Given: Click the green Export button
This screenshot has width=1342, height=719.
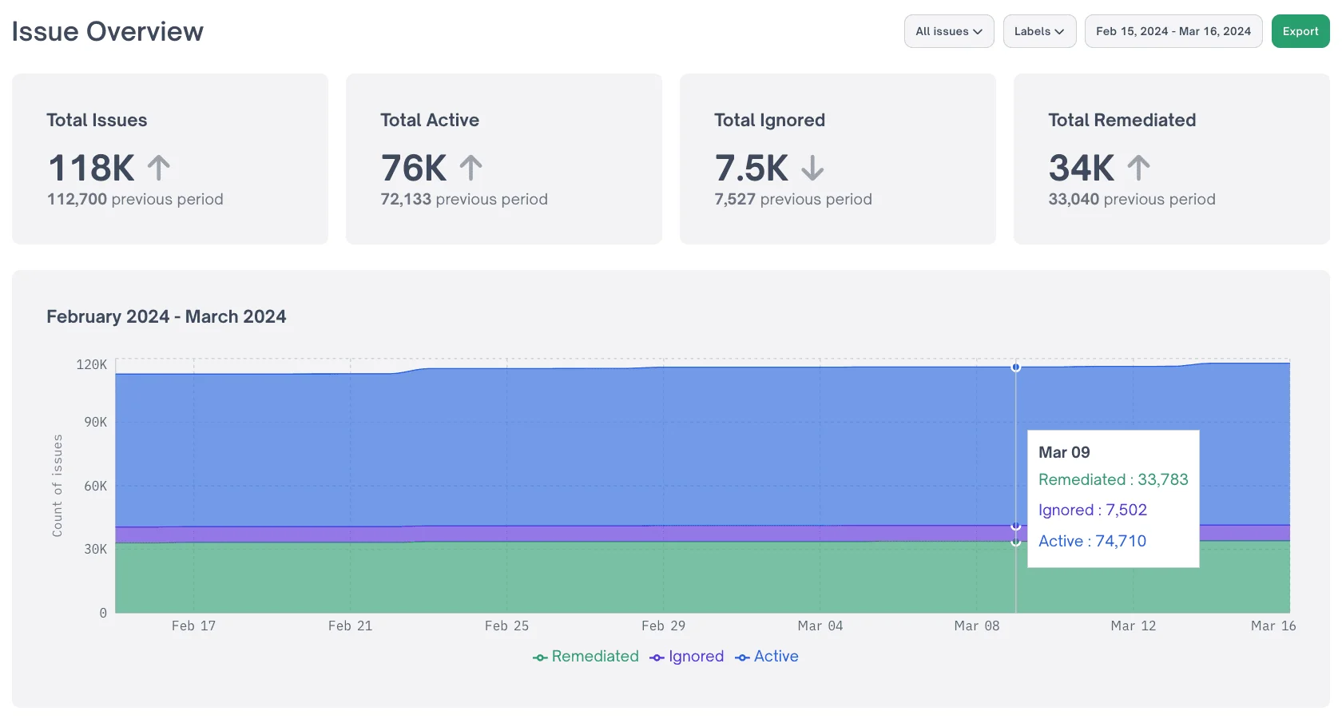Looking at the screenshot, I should (x=1300, y=31).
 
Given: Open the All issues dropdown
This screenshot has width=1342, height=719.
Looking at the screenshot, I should (x=948, y=31).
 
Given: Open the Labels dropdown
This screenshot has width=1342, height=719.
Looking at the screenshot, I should (x=1038, y=31).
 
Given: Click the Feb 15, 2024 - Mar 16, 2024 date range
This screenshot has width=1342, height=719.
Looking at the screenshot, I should (x=1173, y=31).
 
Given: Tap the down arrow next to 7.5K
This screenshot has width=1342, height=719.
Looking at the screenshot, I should (x=812, y=169).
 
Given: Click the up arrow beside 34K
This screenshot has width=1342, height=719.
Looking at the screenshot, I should (x=1138, y=168).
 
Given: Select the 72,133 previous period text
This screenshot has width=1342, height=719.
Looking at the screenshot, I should (x=463, y=199).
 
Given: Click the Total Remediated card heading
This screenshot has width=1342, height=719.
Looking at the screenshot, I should (x=1122, y=120).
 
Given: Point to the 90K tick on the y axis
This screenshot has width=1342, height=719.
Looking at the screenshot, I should (x=95, y=422).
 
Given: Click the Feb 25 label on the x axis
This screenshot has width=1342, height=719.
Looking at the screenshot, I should (x=506, y=626).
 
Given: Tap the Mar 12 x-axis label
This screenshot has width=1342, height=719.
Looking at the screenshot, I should (x=1133, y=626).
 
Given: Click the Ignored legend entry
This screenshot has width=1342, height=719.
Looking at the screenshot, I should (x=687, y=657).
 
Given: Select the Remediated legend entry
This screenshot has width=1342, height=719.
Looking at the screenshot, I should (x=586, y=657).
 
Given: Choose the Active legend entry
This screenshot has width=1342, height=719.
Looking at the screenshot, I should (x=767, y=657).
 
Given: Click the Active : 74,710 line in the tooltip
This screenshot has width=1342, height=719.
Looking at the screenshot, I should (x=1092, y=541).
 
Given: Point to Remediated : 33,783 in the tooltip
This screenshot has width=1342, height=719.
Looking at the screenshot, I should (x=1113, y=479).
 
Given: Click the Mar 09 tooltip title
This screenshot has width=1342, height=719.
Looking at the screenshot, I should (x=1064, y=452).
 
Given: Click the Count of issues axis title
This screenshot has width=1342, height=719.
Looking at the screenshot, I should (x=58, y=485).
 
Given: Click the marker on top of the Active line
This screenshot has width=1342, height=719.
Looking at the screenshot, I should (x=1016, y=367).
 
